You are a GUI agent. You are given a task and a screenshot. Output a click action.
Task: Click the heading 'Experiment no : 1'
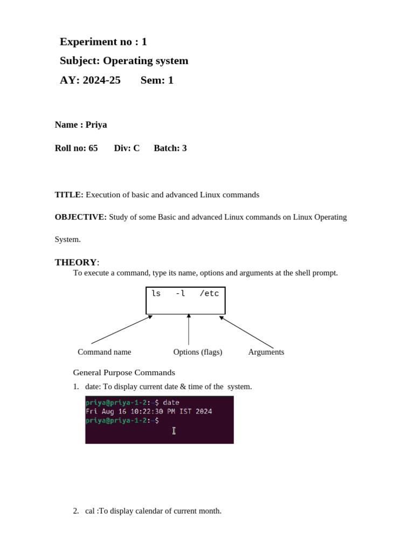click(x=103, y=42)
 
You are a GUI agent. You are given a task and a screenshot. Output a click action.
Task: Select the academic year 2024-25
click(x=101, y=80)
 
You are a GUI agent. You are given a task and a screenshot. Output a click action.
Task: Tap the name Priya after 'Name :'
click(x=96, y=125)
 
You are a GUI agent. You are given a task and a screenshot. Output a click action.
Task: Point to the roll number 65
click(x=93, y=148)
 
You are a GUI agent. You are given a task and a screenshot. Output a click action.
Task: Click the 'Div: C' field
click(x=127, y=148)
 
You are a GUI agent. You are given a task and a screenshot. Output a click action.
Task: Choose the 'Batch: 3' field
click(x=170, y=148)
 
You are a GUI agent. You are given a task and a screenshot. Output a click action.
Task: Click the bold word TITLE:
click(x=69, y=195)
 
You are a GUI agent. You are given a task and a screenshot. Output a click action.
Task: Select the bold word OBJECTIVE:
click(x=81, y=217)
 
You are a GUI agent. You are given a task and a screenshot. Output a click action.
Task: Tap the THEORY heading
click(x=75, y=263)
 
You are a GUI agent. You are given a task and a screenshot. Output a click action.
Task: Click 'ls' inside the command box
click(x=156, y=294)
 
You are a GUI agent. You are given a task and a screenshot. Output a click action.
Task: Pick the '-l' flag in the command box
click(x=180, y=294)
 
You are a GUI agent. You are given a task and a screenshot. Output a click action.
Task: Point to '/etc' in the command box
click(x=209, y=294)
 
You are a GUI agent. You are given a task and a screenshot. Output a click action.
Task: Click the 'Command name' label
click(x=104, y=352)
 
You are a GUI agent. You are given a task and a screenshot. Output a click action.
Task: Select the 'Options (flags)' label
click(x=197, y=352)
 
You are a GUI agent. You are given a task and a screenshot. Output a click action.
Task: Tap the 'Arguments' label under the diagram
click(x=266, y=352)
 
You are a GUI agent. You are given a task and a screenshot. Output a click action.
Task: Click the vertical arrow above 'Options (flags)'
click(x=189, y=329)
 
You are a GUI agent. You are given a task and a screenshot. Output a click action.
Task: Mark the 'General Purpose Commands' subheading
click(x=124, y=372)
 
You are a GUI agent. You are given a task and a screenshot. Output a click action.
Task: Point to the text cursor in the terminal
click(x=174, y=430)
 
